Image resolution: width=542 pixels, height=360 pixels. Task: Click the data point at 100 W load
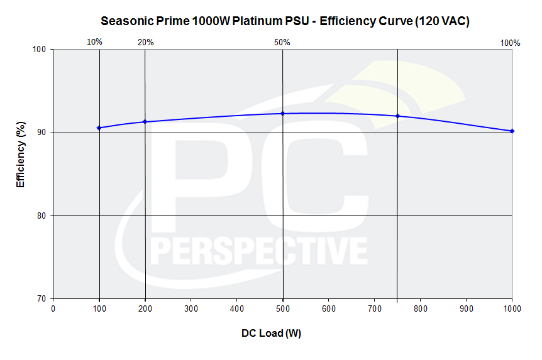99,128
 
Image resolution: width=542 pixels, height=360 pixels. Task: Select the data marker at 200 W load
145,122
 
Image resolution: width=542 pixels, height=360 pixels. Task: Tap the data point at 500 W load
282,114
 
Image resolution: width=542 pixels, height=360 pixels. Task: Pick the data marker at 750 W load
397,116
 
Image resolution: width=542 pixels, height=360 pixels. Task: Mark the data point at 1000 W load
512,131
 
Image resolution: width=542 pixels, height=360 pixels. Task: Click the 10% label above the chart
94,42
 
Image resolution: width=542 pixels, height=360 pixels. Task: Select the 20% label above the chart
145,43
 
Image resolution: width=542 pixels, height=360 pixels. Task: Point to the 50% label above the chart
282,43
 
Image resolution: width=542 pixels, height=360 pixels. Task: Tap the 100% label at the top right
510,43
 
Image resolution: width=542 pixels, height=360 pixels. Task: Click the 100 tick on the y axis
41,50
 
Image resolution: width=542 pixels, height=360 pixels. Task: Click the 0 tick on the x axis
53,308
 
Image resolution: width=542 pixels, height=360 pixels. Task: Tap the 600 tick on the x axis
329,308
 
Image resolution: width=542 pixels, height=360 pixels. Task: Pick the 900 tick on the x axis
467,308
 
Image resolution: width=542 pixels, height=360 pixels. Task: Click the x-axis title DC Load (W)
272,334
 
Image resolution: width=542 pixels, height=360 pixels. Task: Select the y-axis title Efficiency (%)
20,155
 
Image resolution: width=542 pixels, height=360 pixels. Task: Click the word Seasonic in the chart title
124,21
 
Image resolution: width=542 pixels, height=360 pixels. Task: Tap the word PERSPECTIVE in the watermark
258,251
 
